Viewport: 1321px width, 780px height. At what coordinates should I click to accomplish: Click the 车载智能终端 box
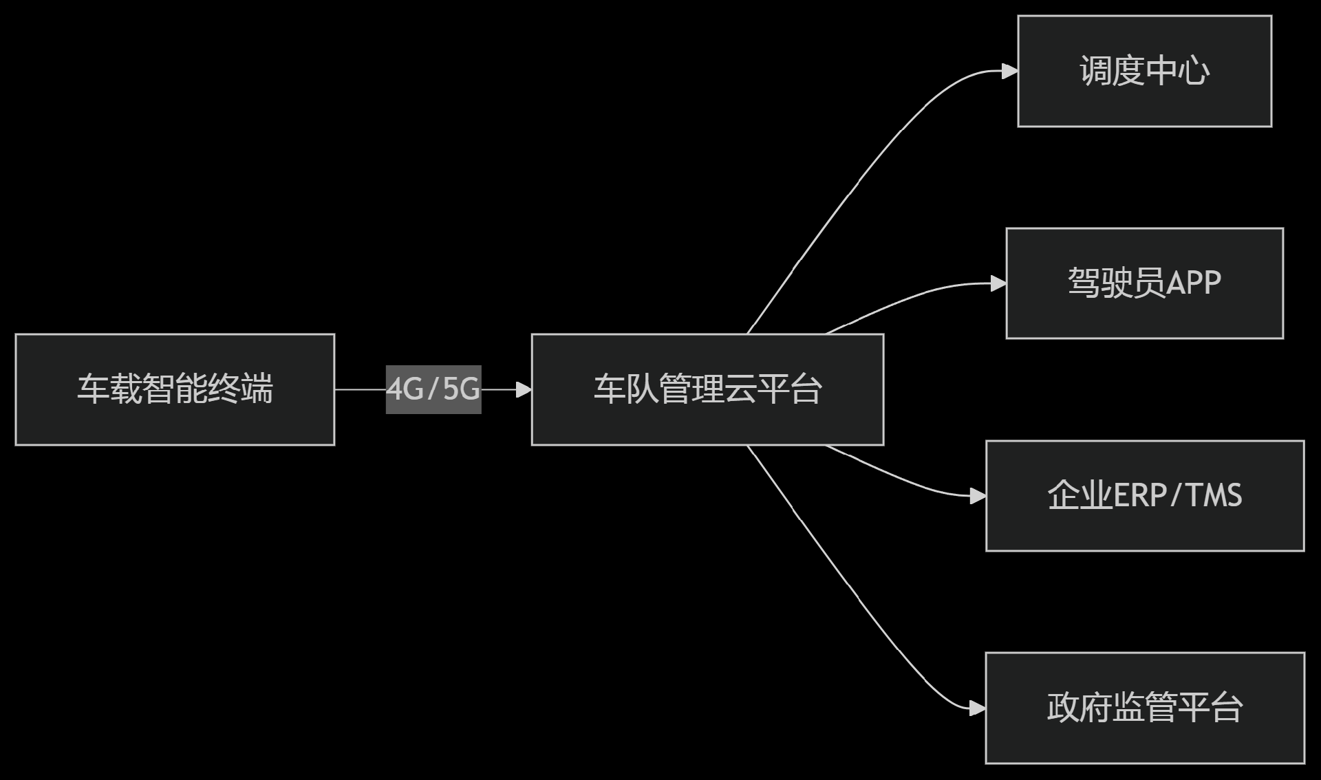tap(175, 389)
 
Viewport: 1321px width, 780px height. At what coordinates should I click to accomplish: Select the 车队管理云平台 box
tap(707, 389)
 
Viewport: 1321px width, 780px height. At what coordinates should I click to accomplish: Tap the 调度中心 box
tap(1144, 72)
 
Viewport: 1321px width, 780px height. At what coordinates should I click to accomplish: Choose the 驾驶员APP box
tap(1144, 283)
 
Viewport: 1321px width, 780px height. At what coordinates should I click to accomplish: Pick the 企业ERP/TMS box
tap(1144, 495)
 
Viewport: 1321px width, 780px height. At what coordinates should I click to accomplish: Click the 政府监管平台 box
tap(1144, 707)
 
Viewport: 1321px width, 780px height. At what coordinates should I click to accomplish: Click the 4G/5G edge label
tap(433, 389)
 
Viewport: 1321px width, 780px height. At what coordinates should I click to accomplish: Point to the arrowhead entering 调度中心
tap(1010, 71)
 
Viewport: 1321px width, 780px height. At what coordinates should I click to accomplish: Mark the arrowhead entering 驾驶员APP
tap(998, 283)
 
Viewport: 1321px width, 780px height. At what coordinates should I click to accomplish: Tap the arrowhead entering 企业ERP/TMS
tap(978, 495)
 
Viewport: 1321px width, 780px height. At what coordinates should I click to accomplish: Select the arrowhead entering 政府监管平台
tap(978, 708)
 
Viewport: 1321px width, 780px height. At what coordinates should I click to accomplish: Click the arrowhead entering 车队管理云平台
tap(524, 389)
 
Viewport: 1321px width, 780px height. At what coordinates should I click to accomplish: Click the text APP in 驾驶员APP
tap(1194, 283)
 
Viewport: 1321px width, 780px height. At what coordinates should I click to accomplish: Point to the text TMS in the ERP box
tap(1214, 495)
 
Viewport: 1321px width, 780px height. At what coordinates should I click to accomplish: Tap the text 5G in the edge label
tap(461, 389)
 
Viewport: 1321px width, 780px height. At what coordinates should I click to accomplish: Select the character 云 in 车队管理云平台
tap(740, 389)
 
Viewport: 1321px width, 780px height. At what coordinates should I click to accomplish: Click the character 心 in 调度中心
tap(1194, 72)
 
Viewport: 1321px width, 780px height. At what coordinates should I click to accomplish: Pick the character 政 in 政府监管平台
tap(1063, 707)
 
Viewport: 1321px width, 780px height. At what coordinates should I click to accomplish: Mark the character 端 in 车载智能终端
tap(257, 389)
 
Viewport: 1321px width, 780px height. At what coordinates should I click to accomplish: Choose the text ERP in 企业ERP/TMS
tap(1138, 495)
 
